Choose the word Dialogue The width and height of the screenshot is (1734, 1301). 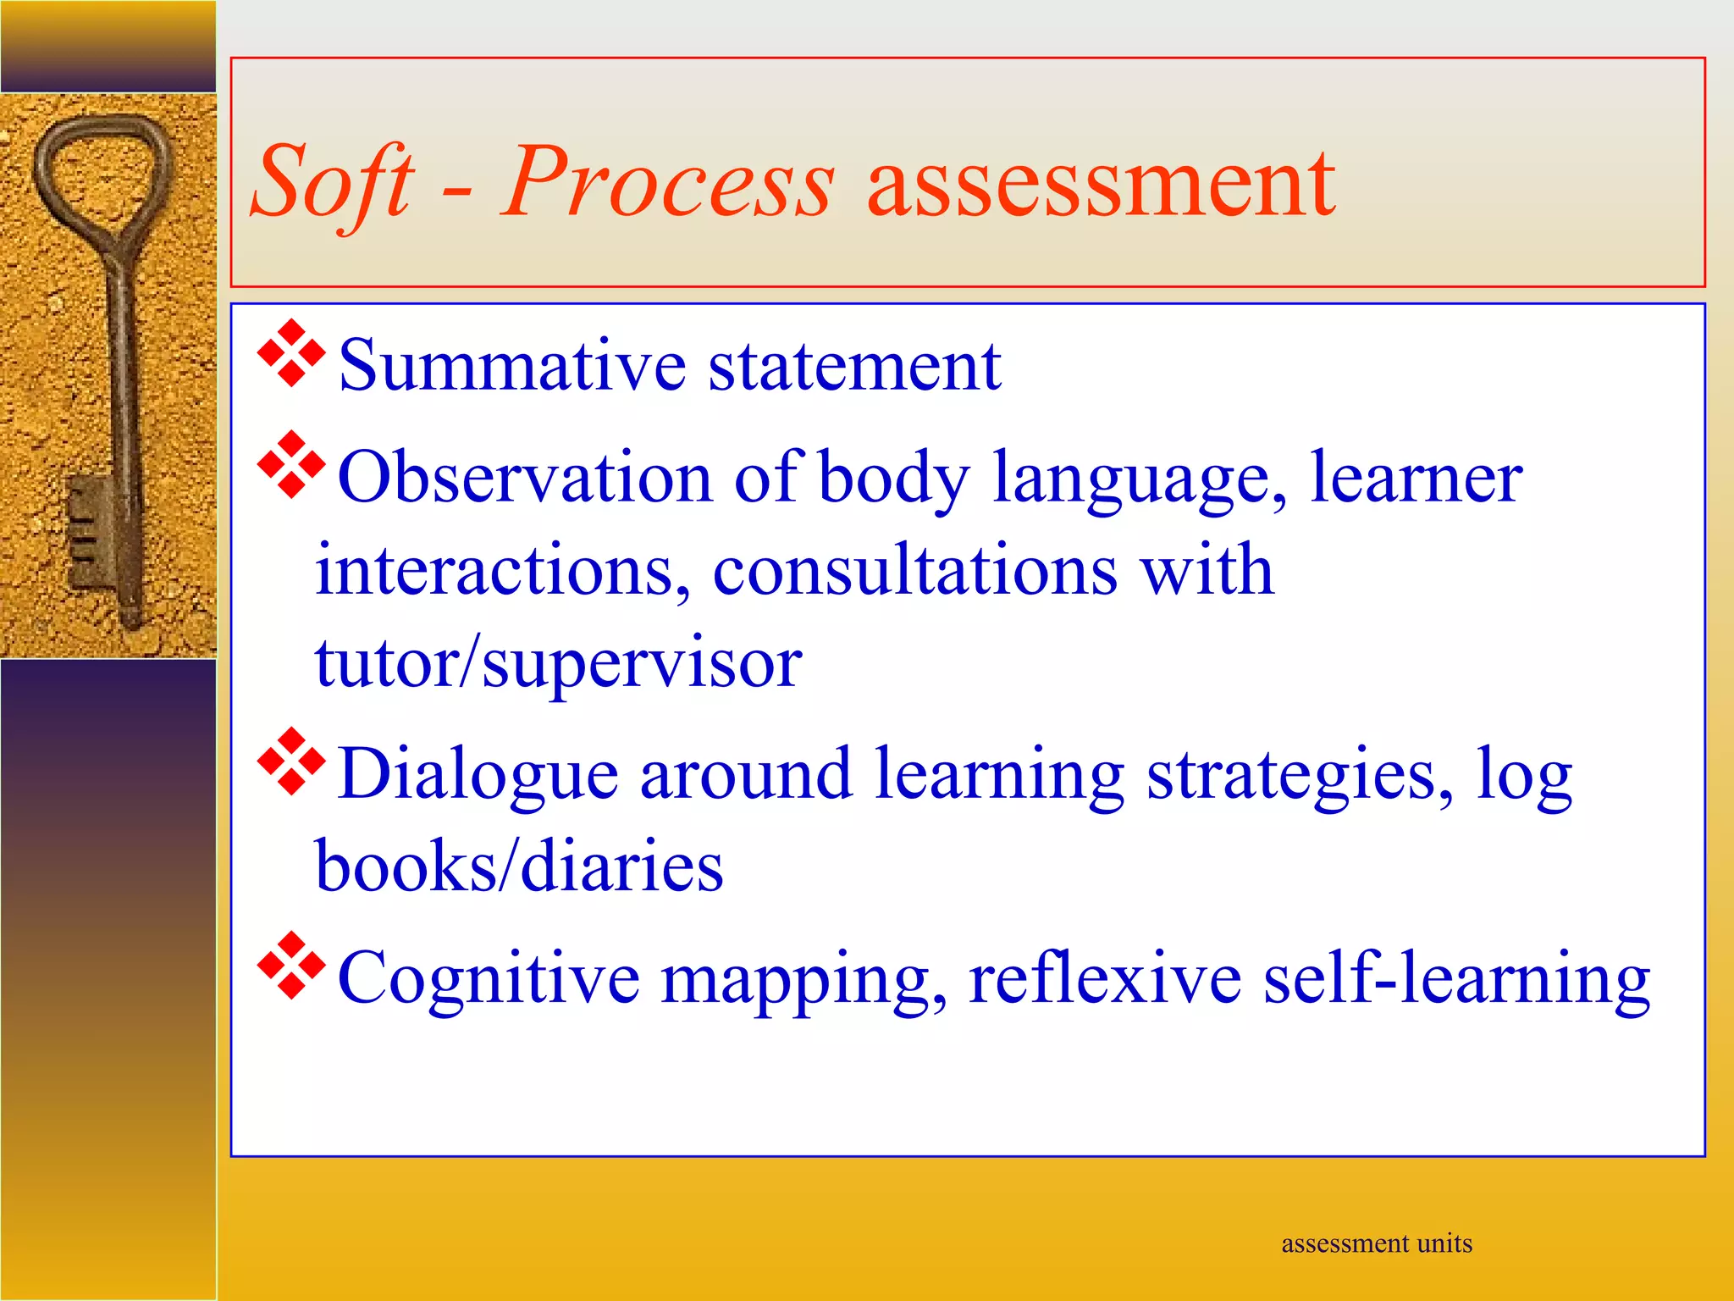point(478,774)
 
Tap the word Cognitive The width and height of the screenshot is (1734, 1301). point(489,979)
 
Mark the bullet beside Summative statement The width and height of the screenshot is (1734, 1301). point(291,353)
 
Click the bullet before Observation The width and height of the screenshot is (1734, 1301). point(291,464)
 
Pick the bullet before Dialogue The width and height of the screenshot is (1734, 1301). point(291,761)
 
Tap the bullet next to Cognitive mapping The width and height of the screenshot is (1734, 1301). point(291,966)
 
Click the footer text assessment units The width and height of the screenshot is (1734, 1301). point(1377,1243)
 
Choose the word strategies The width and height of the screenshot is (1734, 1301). point(1300,774)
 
